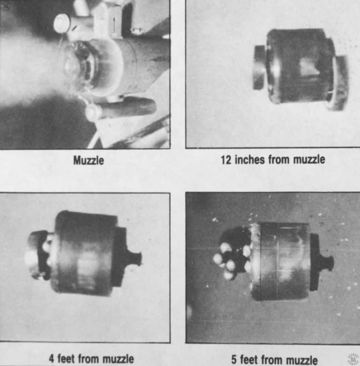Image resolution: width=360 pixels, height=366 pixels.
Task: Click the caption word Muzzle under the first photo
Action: click(x=89, y=161)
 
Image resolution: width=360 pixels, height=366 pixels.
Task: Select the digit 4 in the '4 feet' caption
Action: click(x=52, y=359)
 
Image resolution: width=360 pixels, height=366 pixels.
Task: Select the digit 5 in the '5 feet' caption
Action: click(x=234, y=359)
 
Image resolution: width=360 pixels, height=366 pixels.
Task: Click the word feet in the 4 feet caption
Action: click(x=70, y=359)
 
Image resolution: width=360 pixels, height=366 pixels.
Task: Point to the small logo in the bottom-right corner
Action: click(x=352, y=359)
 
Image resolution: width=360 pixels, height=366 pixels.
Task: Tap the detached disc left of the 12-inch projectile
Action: click(x=259, y=67)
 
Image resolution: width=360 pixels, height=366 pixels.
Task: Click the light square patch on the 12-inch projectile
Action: click(x=309, y=67)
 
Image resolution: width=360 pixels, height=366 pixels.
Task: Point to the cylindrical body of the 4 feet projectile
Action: click(x=84, y=253)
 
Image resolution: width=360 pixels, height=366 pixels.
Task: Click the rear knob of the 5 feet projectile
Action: click(x=326, y=262)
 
